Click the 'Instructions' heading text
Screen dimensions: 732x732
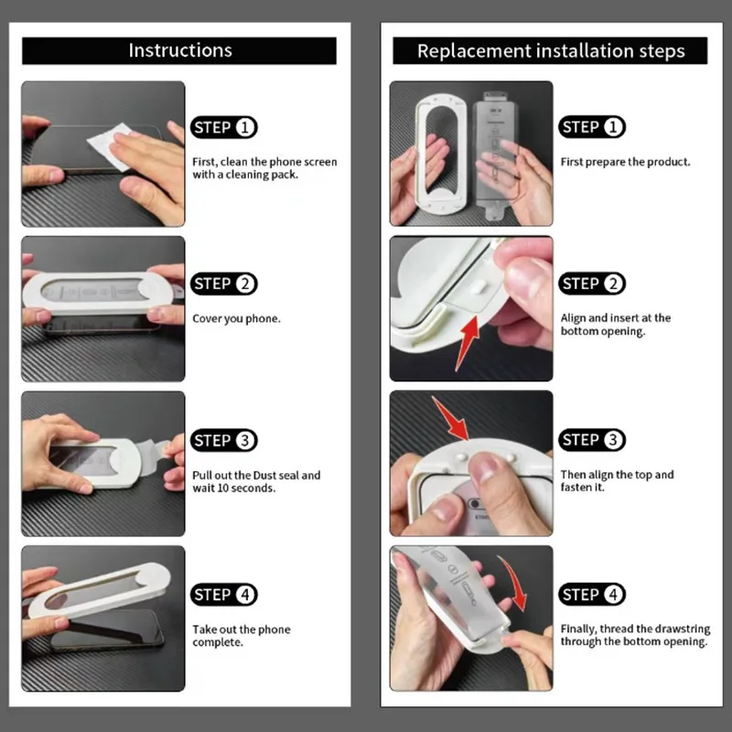(x=180, y=50)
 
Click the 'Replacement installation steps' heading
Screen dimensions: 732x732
(x=551, y=51)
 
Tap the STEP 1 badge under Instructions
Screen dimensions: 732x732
(x=224, y=127)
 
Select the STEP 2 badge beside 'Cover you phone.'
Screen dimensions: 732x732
(x=224, y=284)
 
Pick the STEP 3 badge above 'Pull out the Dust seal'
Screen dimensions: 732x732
(x=224, y=440)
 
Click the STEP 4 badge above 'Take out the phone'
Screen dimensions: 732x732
(x=224, y=595)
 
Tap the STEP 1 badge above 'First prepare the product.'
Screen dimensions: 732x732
(x=592, y=127)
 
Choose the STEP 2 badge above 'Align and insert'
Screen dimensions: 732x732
(x=592, y=284)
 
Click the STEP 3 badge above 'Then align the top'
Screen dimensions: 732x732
(x=592, y=440)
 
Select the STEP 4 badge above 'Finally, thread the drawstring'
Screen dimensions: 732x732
(x=592, y=594)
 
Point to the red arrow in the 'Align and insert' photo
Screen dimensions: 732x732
(x=468, y=342)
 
